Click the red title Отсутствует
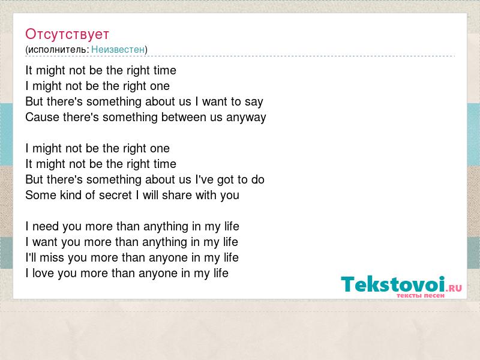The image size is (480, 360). [67, 34]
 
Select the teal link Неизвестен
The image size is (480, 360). [118, 49]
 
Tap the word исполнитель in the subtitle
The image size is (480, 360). [57, 49]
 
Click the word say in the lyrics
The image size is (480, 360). [254, 102]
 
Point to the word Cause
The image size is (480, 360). [42, 117]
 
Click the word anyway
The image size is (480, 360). [246, 118]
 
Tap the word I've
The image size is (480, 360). [204, 179]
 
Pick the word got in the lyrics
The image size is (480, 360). [226, 180]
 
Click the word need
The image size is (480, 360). [46, 227]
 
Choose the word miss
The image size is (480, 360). [52, 257]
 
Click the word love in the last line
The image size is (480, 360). [43, 273]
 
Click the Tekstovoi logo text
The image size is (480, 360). [393, 284]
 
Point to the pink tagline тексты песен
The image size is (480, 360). [421, 295]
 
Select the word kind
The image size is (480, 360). [73, 195]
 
